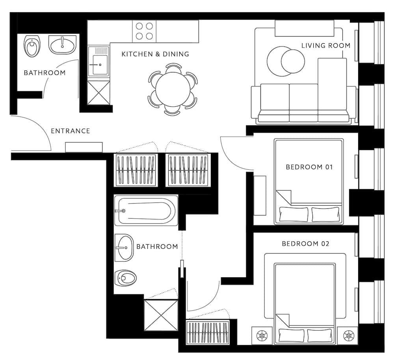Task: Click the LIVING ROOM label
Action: coord(326,45)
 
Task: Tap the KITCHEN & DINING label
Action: coord(155,54)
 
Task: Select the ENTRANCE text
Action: coord(71,131)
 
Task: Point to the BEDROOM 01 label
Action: coord(309,167)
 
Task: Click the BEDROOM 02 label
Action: coord(305,244)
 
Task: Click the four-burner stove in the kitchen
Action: coord(144,32)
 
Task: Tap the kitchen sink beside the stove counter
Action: coord(99,61)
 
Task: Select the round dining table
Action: coord(173,89)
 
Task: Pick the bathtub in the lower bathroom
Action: coord(146,210)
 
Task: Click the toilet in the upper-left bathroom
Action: coord(32,46)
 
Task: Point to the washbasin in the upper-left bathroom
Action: coord(62,45)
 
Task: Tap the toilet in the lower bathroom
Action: coord(125,278)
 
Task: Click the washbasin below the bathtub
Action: coord(124,248)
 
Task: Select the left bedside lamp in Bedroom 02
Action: coord(262,336)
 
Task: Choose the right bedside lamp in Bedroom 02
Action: coord(349,336)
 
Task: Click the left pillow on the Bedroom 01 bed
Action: coord(294,214)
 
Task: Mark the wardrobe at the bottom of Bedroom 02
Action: coord(208,332)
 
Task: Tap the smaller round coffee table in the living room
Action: coord(293,61)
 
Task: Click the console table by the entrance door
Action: coord(84,147)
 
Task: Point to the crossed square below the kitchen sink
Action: coord(98,92)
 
